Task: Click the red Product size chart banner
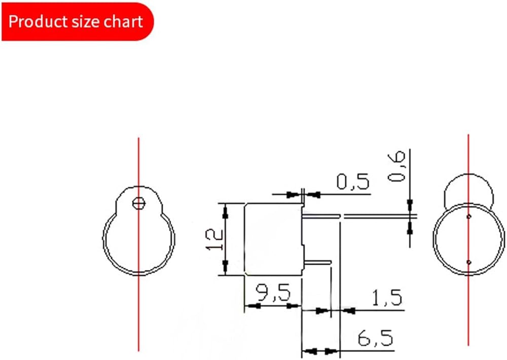[x=78, y=22]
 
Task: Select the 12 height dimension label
[x=214, y=239]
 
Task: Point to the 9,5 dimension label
[x=273, y=293]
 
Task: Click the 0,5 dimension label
[x=353, y=182]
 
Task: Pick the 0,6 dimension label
[x=396, y=166]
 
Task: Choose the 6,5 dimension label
[x=375, y=338]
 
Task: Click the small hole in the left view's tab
[x=139, y=203]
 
